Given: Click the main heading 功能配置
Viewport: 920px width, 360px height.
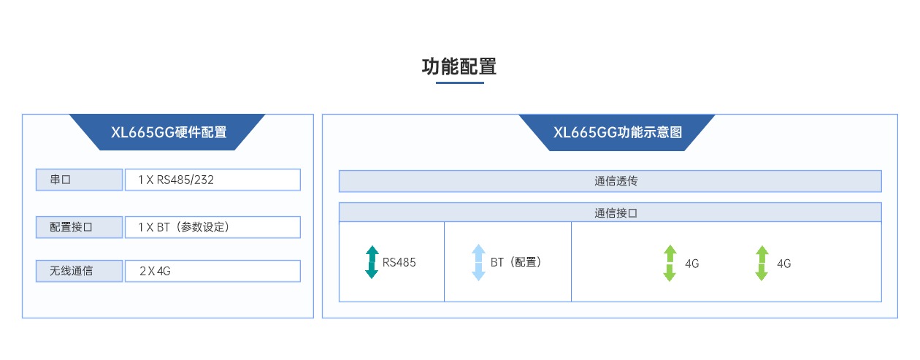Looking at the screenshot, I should point(459,66).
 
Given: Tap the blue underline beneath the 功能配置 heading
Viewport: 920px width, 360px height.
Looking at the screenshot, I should point(459,83).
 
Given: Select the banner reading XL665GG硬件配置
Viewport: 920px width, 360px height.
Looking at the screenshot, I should point(168,132).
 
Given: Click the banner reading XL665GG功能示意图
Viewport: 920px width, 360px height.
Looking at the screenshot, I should point(617,132).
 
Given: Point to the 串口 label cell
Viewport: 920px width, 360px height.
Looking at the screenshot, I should point(79,180).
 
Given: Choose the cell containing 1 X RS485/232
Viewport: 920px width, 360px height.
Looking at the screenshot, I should point(212,180).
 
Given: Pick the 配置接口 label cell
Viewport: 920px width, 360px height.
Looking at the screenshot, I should point(79,227).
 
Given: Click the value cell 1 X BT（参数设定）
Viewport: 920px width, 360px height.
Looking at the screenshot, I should point(212,227).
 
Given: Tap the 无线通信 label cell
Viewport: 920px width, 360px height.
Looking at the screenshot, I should point(79,271).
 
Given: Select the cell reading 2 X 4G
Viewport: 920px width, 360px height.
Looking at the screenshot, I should point(212,271).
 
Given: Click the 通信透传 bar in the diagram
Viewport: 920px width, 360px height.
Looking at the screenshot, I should point(610,181).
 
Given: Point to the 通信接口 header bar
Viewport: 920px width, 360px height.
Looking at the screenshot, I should point(610,212).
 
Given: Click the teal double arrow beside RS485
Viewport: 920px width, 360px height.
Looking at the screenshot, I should point(372,262).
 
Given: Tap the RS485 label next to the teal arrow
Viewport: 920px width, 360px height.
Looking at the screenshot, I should point(399,262).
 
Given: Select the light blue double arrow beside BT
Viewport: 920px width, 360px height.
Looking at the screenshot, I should point(478,262).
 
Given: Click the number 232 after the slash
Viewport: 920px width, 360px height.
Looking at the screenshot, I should point(204,180).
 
